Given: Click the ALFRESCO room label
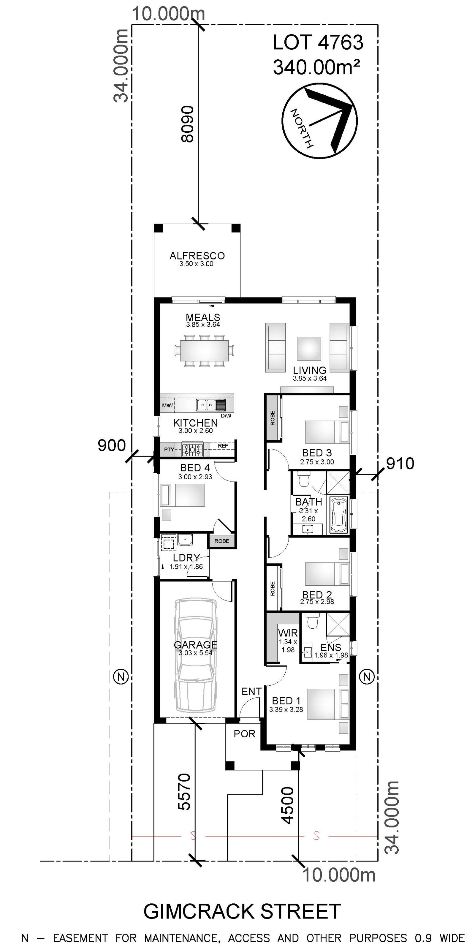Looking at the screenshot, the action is click(x=197, y=255).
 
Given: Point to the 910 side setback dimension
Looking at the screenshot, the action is click(x=400, y=464).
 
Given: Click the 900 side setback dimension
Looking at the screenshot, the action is click(x=111, y=445).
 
